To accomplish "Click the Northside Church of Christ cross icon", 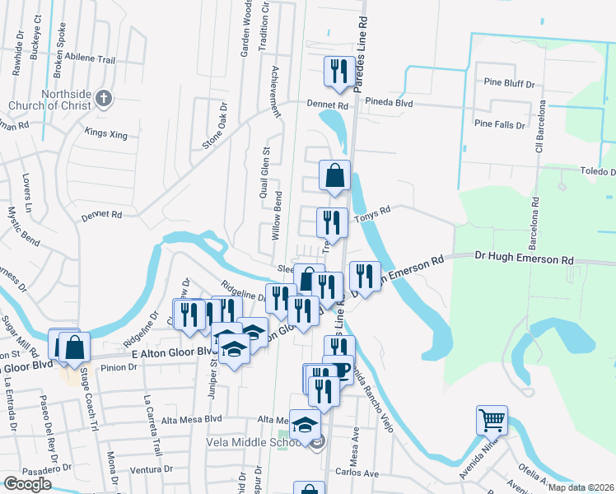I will click(x=103, y=100).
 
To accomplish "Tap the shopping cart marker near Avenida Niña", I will click(x=492, y=421).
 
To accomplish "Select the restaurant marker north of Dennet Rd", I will click(x=338, y=72).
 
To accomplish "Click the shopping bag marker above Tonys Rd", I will click(x=334, y=176).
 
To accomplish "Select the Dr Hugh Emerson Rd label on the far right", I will click(x=524, y=259).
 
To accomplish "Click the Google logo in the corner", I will click(x=27, y=483).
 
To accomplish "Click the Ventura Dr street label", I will click(x=149, y=469).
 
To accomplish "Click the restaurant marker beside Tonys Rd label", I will click(x=332, y=223).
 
